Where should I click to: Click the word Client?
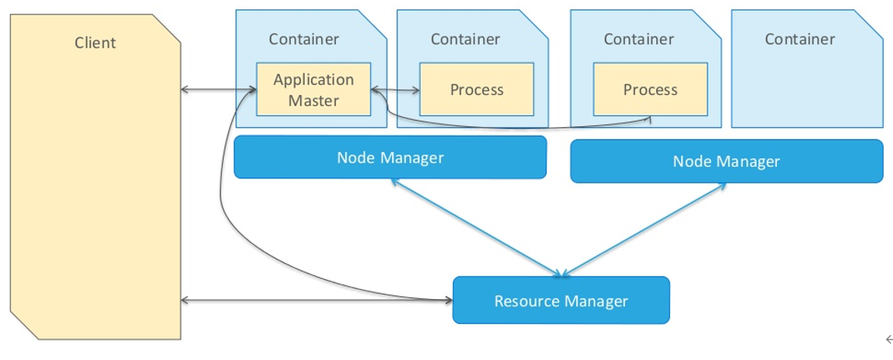(95, 43)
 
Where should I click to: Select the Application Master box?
(313, 90)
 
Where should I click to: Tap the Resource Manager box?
(561, 300)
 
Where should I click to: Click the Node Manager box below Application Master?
(390, 157)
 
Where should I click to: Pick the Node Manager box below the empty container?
(726, 161)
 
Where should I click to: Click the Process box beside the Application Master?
(477, 90)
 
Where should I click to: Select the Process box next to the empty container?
(650, 90)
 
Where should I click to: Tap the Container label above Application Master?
(304, 39)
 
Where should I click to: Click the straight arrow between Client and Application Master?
(218, 90)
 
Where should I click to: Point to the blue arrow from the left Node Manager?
(475, 227)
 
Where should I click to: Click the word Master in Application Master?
(313, 100)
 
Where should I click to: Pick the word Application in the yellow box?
(313, 79)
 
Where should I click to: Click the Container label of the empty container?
(799, 39)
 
